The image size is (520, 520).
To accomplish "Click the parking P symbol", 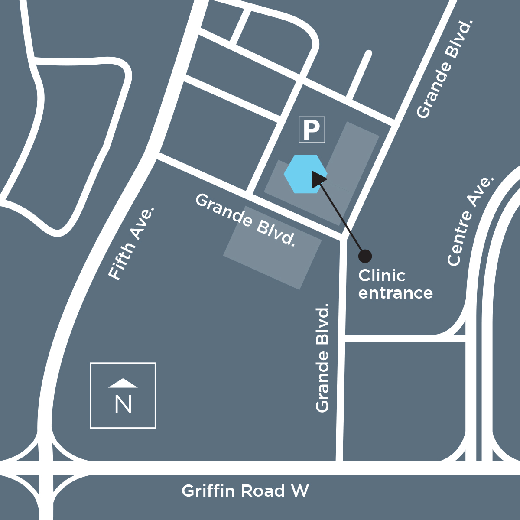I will (312, 130).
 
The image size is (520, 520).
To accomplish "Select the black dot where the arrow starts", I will (365, 256).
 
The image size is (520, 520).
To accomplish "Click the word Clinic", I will (382, 276).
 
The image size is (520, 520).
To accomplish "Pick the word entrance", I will (395, 293).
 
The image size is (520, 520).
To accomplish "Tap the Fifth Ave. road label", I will (130, 244).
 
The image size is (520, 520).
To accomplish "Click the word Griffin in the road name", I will (208, 491).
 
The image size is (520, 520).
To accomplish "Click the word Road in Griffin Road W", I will (263, 491).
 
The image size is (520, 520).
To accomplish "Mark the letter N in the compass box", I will (123, 404).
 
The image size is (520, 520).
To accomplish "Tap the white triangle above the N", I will (123, 383).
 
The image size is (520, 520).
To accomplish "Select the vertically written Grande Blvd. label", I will (322, 357).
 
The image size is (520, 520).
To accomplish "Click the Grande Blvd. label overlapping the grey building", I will (246, 220).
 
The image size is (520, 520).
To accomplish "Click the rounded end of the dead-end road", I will (368, 54).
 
